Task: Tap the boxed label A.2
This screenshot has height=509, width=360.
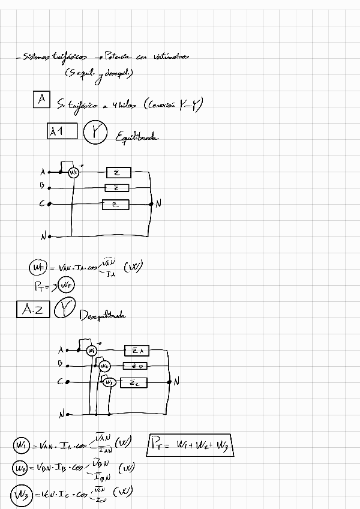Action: pos(32,309)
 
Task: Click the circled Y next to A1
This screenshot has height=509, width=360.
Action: pos(94,133)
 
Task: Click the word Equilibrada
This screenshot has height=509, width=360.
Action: pos(137,137)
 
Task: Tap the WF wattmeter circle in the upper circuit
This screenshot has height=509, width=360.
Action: pos(74,173)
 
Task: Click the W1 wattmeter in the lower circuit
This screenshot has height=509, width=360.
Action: pos(91,350)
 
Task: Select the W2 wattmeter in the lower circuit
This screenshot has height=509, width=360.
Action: pos(104,366)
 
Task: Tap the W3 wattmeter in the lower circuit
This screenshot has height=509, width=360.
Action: pos(109,382)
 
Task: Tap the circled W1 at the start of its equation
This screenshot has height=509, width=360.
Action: pos(21,445)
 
